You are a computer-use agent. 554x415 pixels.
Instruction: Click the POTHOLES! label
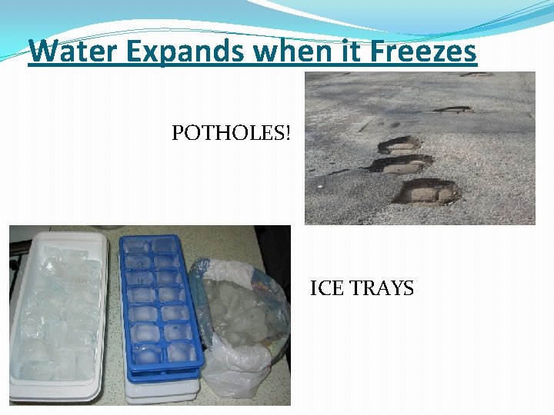click(x=232, y=134)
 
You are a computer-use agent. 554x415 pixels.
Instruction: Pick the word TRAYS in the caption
click(x=382, y=289)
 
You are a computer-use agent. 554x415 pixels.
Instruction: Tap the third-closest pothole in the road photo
click(x=400, y=144)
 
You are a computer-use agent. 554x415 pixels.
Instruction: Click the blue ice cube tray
click(x=162, y=307)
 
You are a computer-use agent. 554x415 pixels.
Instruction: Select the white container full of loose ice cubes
click(x=58, y=315)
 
